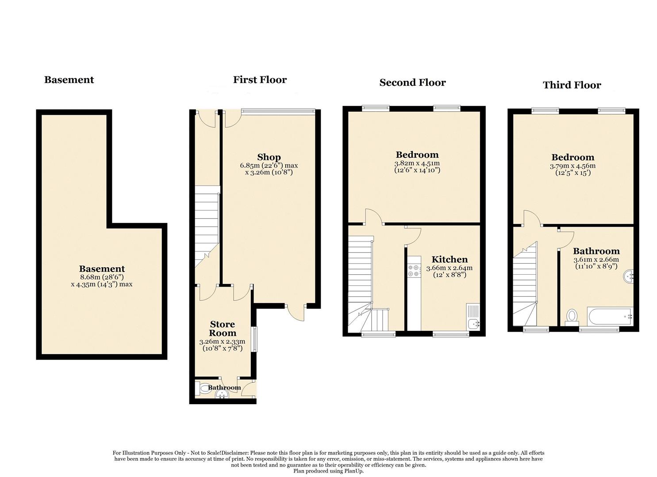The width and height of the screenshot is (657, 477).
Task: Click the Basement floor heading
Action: [69, 80]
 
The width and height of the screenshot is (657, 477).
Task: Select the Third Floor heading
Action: [572, 85]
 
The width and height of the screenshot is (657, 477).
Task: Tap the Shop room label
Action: [269, 157]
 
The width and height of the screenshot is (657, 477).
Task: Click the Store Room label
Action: [223, 329]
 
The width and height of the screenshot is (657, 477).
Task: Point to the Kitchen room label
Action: [450, 259]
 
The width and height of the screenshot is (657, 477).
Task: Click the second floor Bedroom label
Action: [417, 155]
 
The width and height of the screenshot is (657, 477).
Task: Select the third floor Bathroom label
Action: [596, 251]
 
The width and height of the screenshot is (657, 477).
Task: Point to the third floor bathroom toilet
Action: [572, 317]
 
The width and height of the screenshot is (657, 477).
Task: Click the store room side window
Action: [254, 339]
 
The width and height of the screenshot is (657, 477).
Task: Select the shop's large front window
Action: [278, 111]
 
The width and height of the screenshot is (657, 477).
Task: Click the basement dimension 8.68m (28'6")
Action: [98, 277]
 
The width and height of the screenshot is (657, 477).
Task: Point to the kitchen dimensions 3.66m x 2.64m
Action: [449, 268]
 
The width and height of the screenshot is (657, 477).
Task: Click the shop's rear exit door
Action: [296, 312]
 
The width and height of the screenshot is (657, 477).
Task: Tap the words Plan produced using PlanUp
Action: [328, 471]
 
